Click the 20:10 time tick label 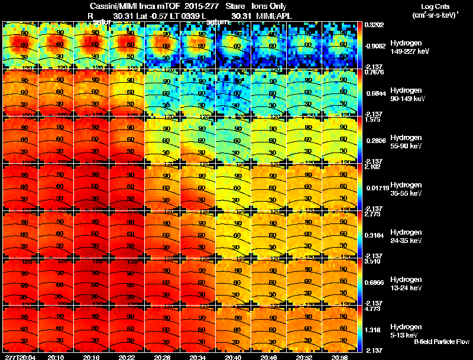56,357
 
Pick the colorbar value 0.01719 375,187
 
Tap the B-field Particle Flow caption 442,342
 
